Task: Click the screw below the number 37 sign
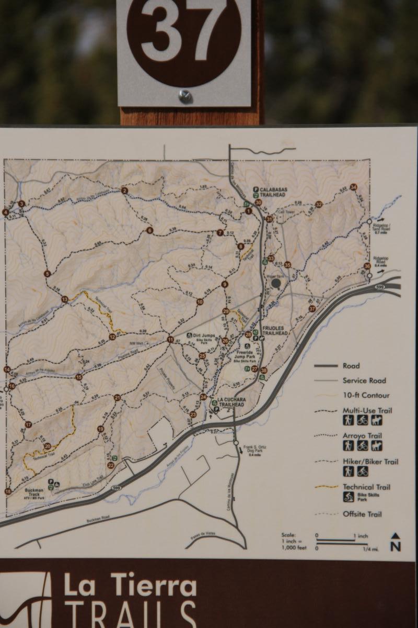point(184,96)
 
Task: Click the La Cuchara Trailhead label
point(231,402)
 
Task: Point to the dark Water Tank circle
point(276,283)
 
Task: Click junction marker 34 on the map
point(354,187)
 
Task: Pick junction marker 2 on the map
point(125,190)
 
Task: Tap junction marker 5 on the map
point(48,274)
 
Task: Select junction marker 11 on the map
point(170,340)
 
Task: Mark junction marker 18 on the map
point(8,491)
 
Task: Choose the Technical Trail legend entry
point(367,487)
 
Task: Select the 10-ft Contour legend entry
point(366,396)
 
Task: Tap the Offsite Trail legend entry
point(362,514)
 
